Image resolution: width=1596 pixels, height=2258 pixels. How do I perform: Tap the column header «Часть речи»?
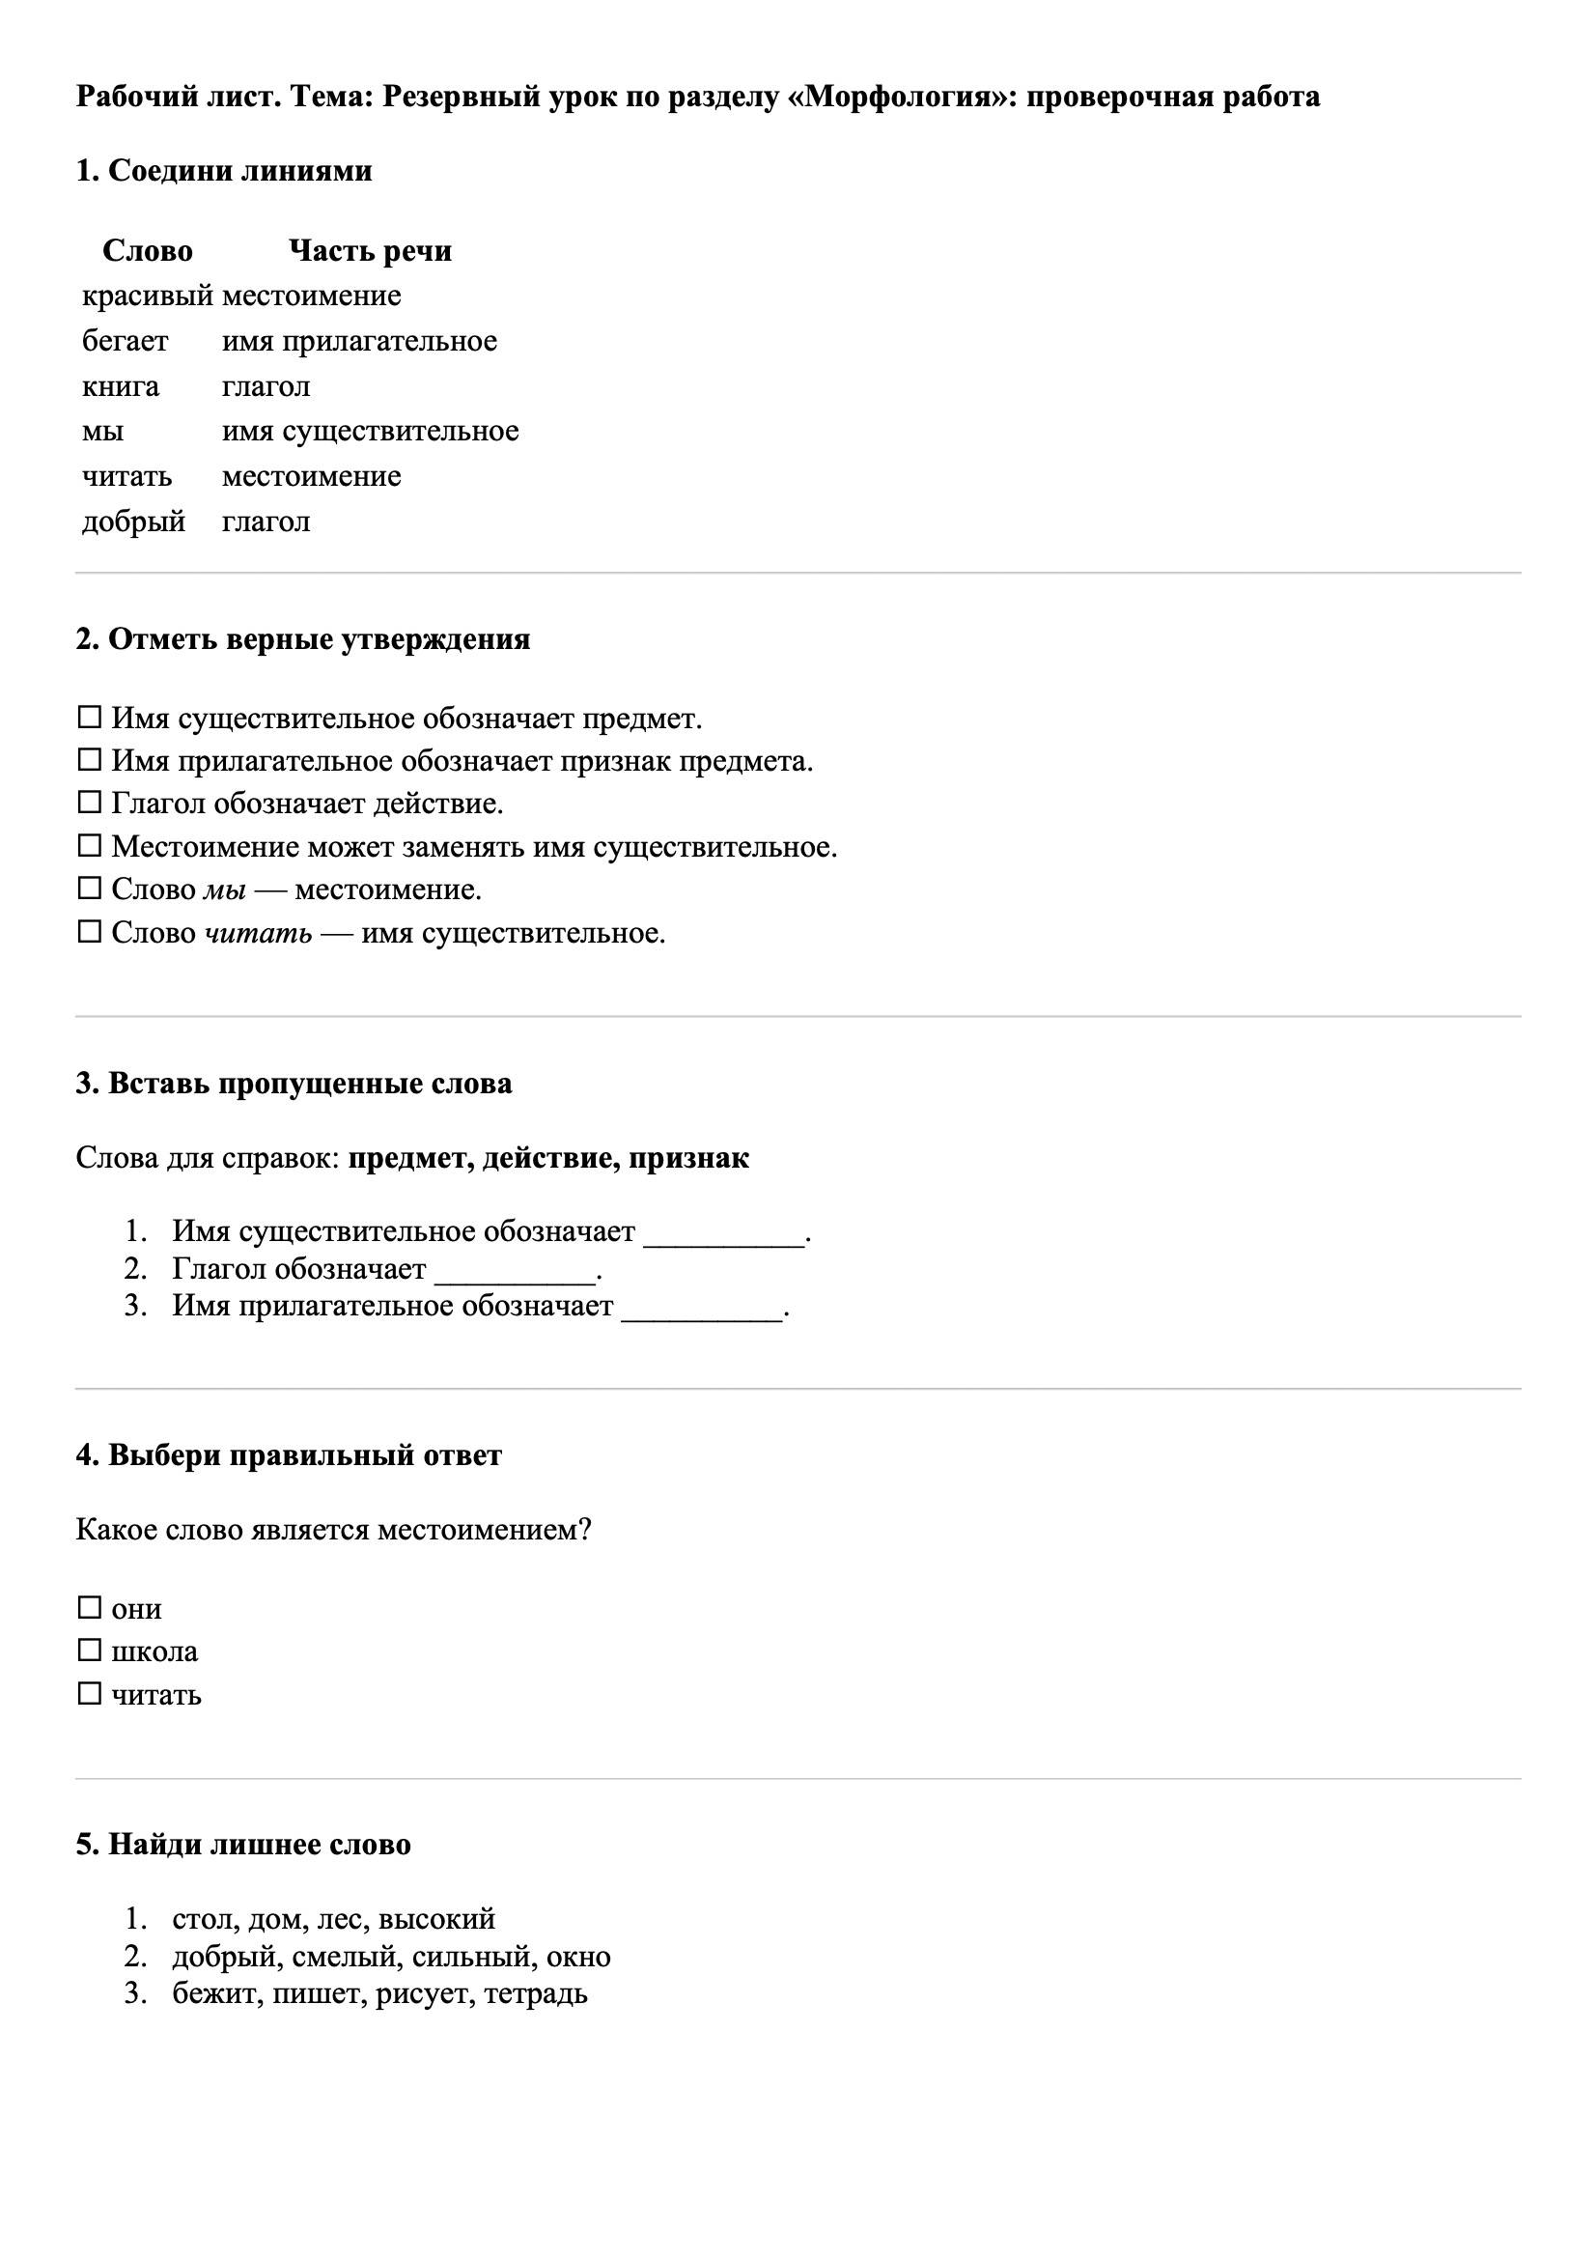[x=370, y=251]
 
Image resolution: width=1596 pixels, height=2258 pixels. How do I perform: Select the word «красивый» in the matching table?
[x=147, y=296]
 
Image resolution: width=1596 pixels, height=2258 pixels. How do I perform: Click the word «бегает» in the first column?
[x=125, y=341]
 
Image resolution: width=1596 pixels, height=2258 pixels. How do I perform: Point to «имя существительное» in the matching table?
[x=370, y=431]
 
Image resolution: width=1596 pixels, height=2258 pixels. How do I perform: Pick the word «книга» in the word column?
[x=120, y=386]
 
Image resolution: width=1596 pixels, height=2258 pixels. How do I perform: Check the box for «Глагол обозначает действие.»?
[x=90, y=804]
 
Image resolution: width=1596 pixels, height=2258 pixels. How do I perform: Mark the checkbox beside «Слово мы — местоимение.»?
[x=90, y=889]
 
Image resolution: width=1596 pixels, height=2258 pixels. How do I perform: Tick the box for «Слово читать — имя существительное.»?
[x=90, y=932]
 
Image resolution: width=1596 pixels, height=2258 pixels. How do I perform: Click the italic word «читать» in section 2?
[x=258, y=932]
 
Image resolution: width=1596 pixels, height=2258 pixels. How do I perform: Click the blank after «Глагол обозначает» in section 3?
[x=516, y=1270]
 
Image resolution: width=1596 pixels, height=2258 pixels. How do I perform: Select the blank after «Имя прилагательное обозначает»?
[x=702, y=1307]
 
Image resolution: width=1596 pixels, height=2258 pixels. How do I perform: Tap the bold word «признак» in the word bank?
[x=688, y=1158]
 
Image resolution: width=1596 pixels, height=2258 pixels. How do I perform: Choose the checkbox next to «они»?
[x=90, y=1608]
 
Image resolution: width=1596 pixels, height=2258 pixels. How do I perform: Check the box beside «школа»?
[x=90, y=1651]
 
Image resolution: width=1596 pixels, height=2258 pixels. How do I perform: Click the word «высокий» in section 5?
[x=436, y=1918]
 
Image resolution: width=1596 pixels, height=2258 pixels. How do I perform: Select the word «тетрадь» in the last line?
[x=536, y=1993]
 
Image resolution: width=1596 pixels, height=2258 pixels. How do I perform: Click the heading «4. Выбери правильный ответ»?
[x=288, y=1454]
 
